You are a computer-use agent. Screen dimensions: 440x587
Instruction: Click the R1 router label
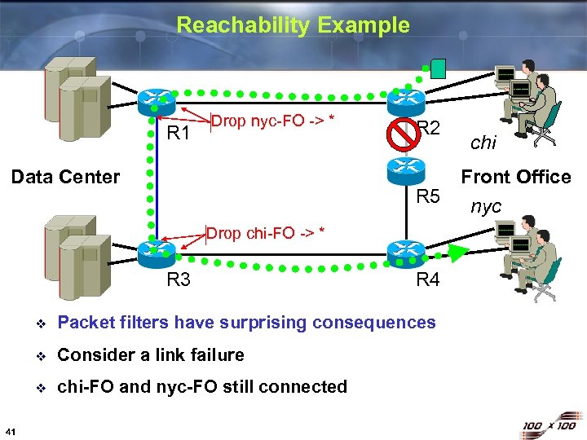point(178,133)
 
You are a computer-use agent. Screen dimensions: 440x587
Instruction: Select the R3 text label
point(178,280)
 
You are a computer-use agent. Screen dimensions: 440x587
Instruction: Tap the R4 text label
point(428,280)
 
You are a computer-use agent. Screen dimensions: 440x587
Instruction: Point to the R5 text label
point(428,196)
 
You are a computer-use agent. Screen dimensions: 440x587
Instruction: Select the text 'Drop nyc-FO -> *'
point(274,122)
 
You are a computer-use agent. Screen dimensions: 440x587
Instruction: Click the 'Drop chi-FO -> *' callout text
point(265,233)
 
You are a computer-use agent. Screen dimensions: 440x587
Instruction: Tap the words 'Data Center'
point(65,177)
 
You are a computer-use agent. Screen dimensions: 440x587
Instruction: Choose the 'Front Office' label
point(515,177)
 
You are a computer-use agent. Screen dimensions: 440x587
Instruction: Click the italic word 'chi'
point(483,143)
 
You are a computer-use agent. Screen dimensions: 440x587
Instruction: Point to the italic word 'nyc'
point(486,207)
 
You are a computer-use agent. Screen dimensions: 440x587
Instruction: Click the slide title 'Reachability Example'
point(293,25)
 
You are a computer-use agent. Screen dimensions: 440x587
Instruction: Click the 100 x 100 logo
point(550,425)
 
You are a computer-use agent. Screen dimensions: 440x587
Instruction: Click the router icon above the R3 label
point(156,252)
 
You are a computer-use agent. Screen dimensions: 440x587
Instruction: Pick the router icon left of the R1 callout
point(156,102)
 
